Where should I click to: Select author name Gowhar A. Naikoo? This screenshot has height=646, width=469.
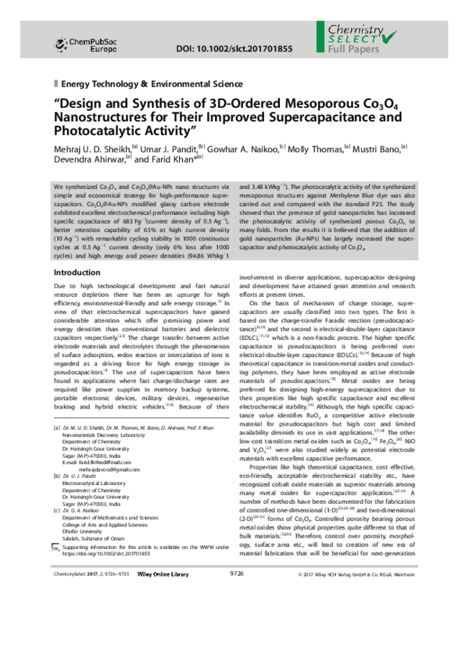(x=243, y=146)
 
